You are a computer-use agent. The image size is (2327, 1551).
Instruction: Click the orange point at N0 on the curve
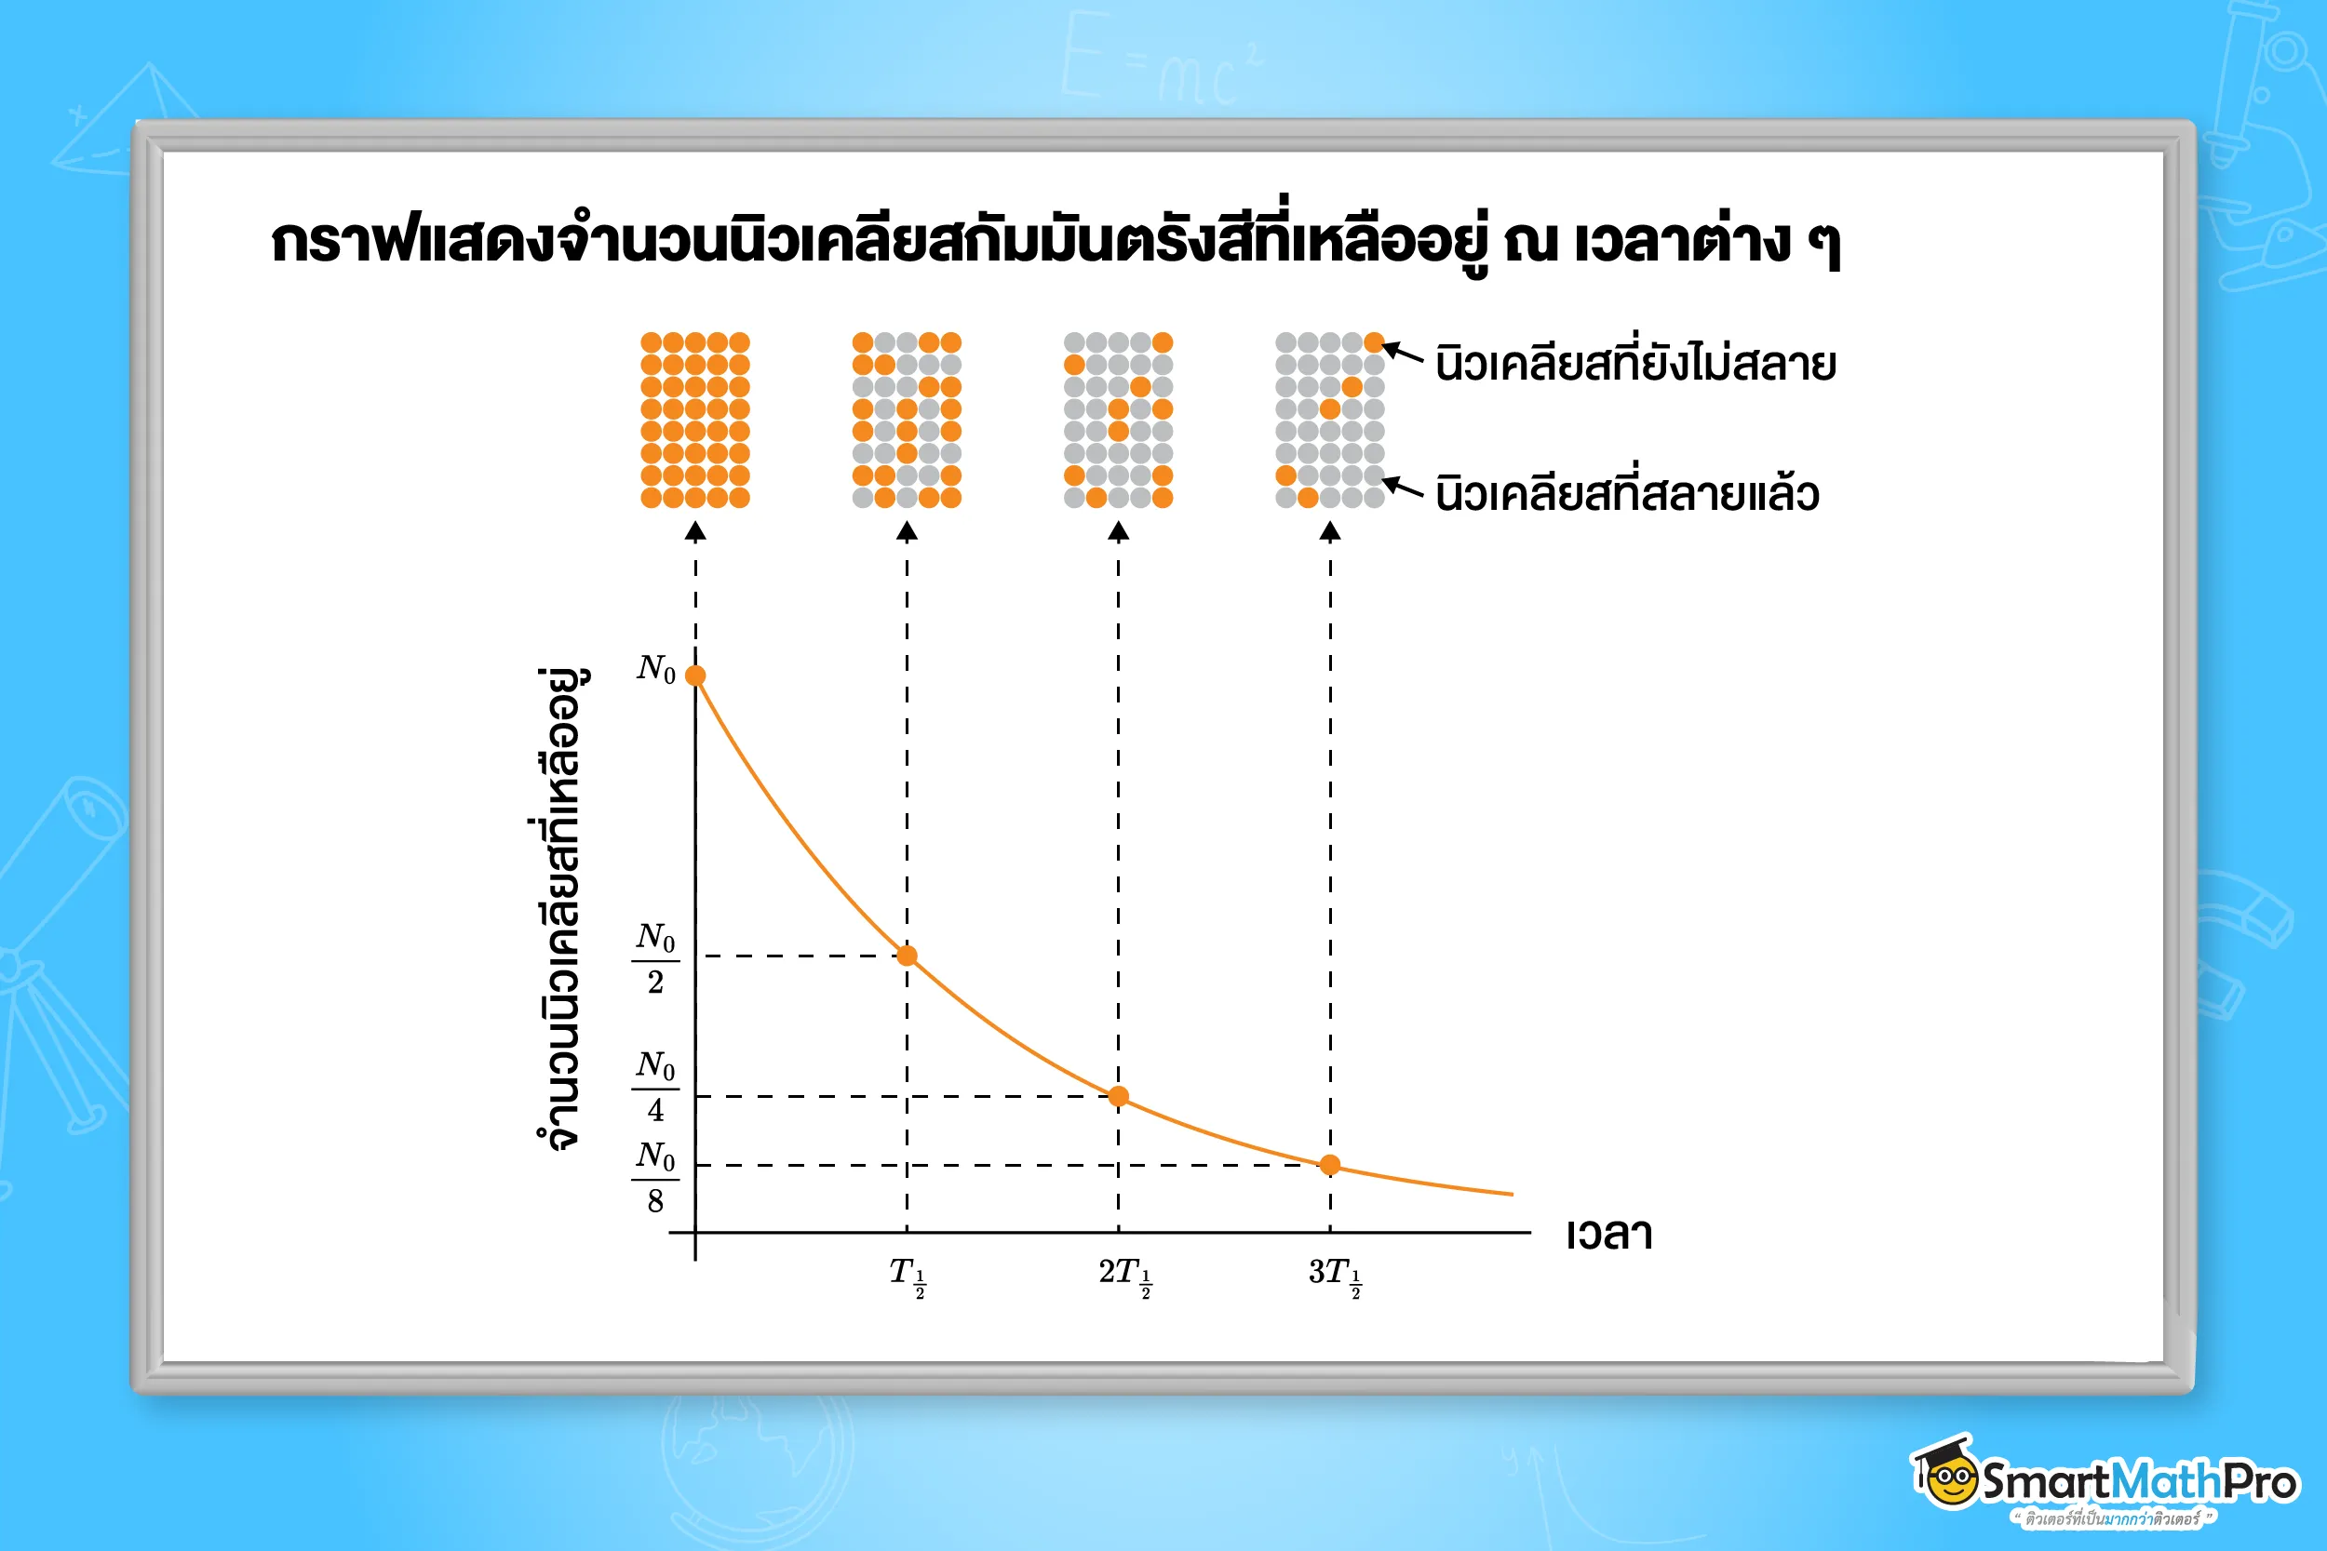[695, 675]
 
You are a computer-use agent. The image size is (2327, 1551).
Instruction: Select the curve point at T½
[907, 956]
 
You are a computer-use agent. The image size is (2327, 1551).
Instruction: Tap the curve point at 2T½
[1118, 1096]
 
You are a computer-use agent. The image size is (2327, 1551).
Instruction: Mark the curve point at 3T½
[1330, 1165]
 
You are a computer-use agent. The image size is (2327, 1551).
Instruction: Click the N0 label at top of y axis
[656, 670]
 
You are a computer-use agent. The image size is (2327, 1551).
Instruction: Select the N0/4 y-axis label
[655, 1086]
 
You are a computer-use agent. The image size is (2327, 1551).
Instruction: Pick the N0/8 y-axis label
[655, 1177]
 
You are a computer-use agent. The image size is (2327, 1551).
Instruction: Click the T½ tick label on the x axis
[907, 1275]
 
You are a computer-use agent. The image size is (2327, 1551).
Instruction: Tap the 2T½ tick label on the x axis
[1125, 1275]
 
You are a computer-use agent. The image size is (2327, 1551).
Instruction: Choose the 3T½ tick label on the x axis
[1335, 1275]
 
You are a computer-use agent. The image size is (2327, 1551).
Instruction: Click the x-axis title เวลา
[1608, 1235]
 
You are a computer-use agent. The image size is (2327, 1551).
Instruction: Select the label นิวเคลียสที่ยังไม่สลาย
[1634, 363]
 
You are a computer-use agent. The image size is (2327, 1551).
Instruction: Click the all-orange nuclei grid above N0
[694, 420]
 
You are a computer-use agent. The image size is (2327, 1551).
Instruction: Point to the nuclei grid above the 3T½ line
[1330, 420]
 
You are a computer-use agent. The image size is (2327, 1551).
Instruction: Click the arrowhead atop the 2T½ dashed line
[1118, 533]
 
